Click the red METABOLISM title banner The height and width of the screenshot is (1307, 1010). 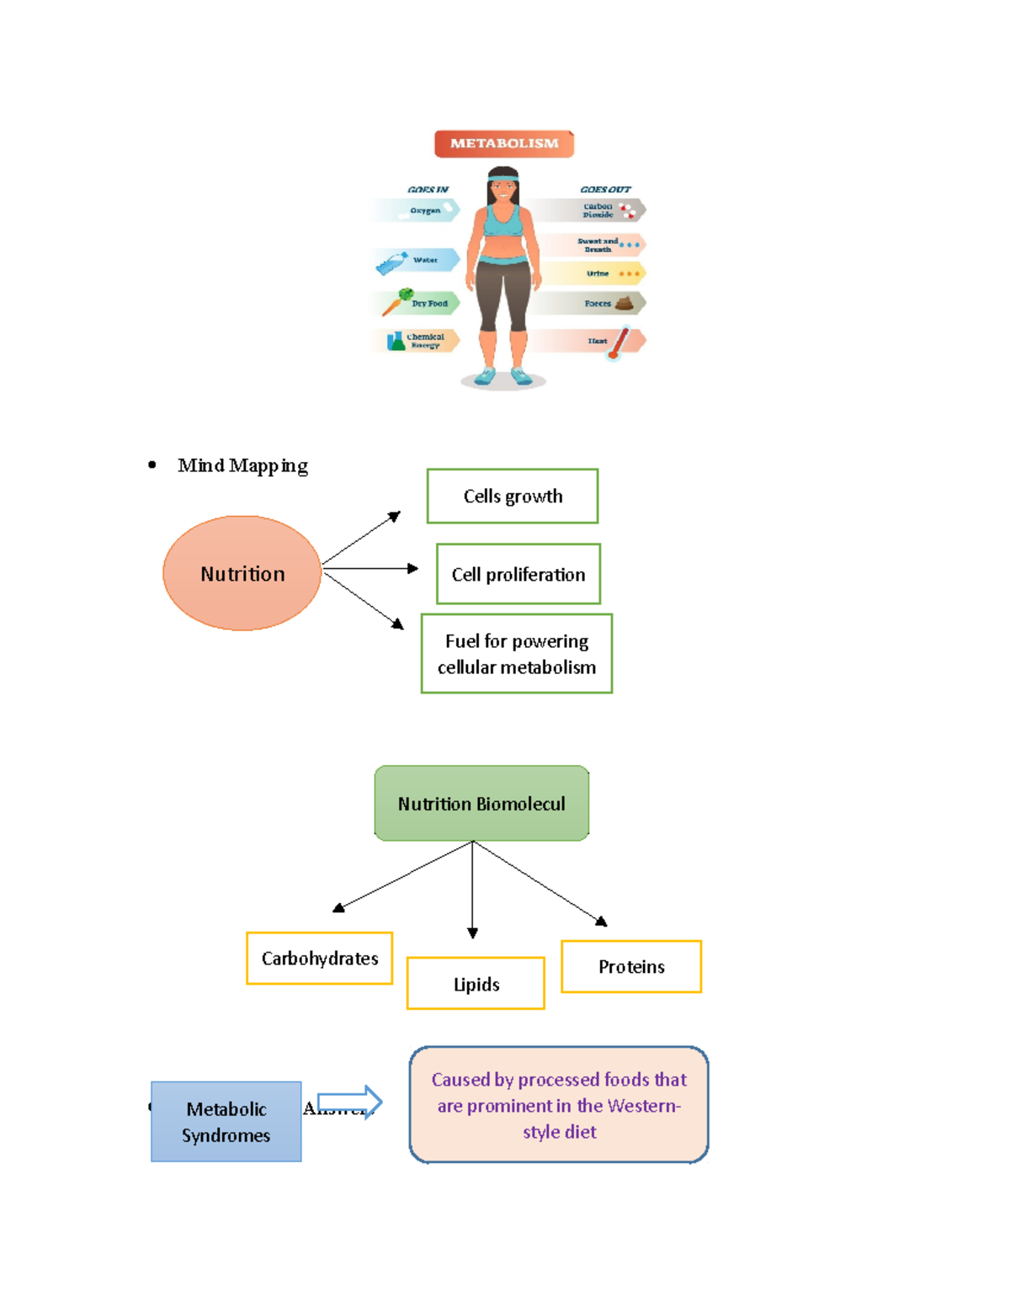coord(503,144)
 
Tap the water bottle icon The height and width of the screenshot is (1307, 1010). coord(391,263)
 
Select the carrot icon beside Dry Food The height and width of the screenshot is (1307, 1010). coord(394,301)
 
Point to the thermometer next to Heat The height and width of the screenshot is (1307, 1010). coord(619,343)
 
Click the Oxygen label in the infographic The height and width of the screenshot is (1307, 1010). coord(425,210)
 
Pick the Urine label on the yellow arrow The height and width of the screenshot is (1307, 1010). coord(598,274)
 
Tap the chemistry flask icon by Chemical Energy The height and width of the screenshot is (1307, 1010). coord(396,341)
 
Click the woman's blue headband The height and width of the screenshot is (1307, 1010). coord(503,178)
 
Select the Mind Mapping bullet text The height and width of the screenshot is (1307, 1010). coord(242,465)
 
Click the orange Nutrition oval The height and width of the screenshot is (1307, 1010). coord(242,573)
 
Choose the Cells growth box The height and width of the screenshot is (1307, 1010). coord(513,497)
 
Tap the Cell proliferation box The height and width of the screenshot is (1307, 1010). coord(518,574)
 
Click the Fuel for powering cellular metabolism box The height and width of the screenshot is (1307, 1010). coord(517,654)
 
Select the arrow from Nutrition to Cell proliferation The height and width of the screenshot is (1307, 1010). coord(370,569)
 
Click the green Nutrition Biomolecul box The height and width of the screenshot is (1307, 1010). coord(481,803)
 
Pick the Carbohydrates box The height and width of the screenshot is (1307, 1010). coord(320,958)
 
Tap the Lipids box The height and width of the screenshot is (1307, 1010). coord(476,983)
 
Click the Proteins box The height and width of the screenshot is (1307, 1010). coord(631,966)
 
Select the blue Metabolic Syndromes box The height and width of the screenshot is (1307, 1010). coord(226,1121)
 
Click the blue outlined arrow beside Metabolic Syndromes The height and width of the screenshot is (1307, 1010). coord(350,1101)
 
